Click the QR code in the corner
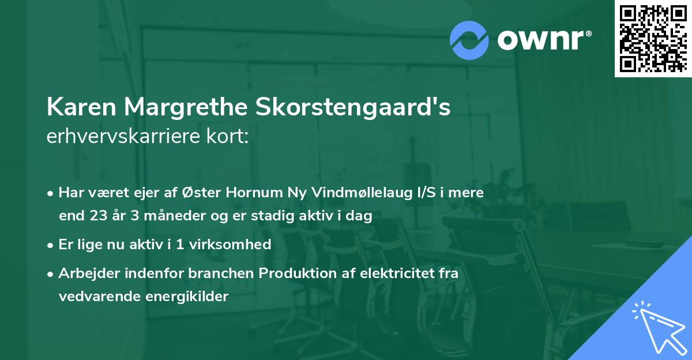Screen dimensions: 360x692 pos(653,38)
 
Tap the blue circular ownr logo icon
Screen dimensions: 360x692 pos(469,40)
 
